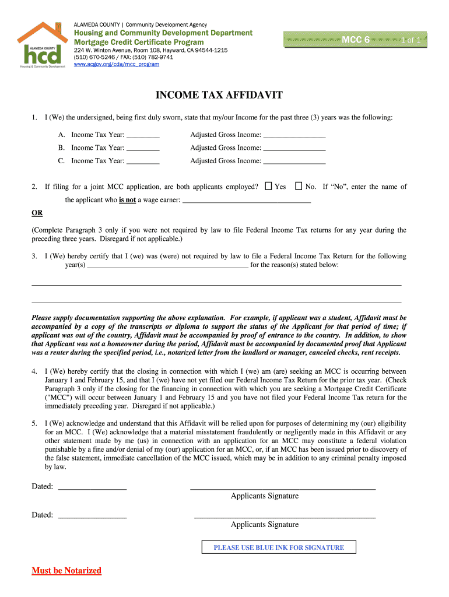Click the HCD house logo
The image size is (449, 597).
pyautogui.click(x=40, y=46)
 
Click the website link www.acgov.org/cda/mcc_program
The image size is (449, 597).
pyautogui.click(x=116, y=64)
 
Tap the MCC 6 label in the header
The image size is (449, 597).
pyautogui.click(x=356, y=40)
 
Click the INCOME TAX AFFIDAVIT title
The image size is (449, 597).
pyautogui.click(x=219, y=96)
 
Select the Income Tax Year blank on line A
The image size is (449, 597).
pyautogui.click(x=143, y=135)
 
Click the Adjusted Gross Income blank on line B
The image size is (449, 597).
pyautogui.click(x=294, y=149)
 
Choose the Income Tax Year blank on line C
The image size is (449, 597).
pyautogui.click(x=143, y=161)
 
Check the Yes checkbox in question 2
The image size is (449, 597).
pyautogui.click(x=269, y=187)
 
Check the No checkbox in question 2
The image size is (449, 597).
pyautogui.click(x=299, y=187)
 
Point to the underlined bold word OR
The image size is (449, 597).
pyautogui.click(x=37, y=213)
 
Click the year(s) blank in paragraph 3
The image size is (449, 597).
pyautogui.click(x=167, y=265)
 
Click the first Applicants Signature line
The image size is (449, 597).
pyautogui.click(x=283, y=487)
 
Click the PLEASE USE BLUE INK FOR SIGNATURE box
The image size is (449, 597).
pyautogui.click(x=279, y=547)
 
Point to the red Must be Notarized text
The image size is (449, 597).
pyautogui.click(x=66, y=570)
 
